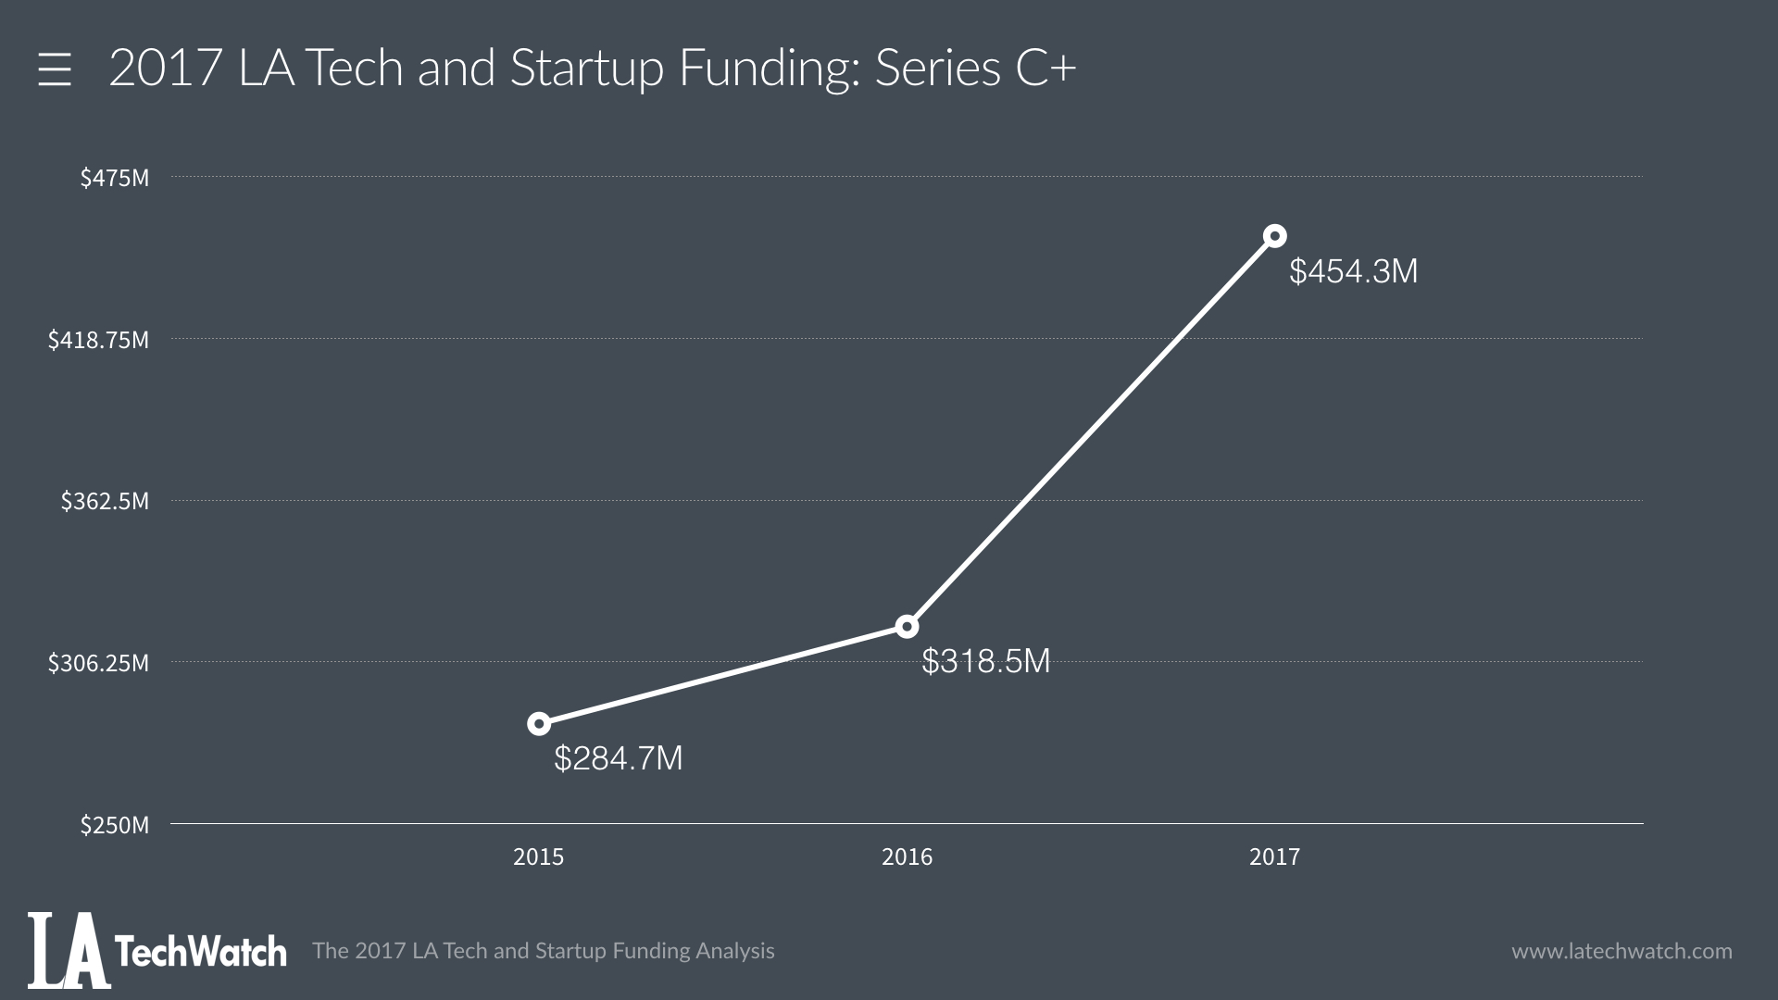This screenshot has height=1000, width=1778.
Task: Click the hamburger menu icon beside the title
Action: click(55, 70)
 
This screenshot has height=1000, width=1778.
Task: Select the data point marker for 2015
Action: click(538, 723)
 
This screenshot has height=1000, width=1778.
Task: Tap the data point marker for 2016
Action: click(907, 627)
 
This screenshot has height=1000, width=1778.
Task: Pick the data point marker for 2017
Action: click(1274, 236)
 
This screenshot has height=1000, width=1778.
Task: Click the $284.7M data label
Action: click(618, 758)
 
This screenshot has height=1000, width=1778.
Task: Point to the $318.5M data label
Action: click(985, 661)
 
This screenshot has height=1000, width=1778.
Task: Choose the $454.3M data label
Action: click(1353, 271)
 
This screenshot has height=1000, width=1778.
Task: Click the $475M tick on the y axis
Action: click(114, 178)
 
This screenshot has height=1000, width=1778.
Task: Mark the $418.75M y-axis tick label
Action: click(98, 340)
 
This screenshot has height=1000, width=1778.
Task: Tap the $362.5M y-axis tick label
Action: click(105, 501)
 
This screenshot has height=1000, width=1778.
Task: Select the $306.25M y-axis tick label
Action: click(98, 663)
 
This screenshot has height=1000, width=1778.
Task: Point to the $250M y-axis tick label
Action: click(114, 825)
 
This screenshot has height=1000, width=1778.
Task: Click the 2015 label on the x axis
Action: click(538, 856)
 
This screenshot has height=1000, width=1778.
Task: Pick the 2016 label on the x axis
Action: click(907, 856)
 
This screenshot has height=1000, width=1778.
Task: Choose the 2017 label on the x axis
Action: click(1274, 856)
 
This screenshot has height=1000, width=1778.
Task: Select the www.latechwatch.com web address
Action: click(1621, 951)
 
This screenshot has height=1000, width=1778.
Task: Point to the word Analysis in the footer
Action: click(735, 951)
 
